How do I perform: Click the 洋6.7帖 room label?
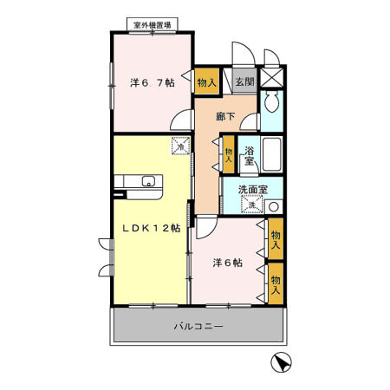[x=153, y=83]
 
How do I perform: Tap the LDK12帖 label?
[x=152, y=228]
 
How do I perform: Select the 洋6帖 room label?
[x=228, y=263]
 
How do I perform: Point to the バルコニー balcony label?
[x=198, y=327]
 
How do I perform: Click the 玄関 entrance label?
[x=245, y=81]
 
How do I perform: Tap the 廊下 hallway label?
[x=225, y=116]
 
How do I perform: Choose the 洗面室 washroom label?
[x=253, y=190]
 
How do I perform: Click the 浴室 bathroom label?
[x=249, y=156]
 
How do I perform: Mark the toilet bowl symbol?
[x=271, y=101]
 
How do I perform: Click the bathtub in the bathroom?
[x=272, y=154]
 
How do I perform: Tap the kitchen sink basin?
[x=148, y=181]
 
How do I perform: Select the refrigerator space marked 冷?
[x=181, y=146]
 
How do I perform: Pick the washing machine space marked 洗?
[x=252, y=205]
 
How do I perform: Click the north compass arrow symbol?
[x=281, y=362]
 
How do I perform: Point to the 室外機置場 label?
[x=153, y=25]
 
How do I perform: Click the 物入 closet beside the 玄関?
[x=207, y=81]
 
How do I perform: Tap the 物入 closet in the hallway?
[x=229, y=154]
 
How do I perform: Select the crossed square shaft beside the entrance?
[x=271, y=77]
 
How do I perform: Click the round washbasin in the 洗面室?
[x=274, y=206]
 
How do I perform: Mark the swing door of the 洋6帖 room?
[x=206, y=227]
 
